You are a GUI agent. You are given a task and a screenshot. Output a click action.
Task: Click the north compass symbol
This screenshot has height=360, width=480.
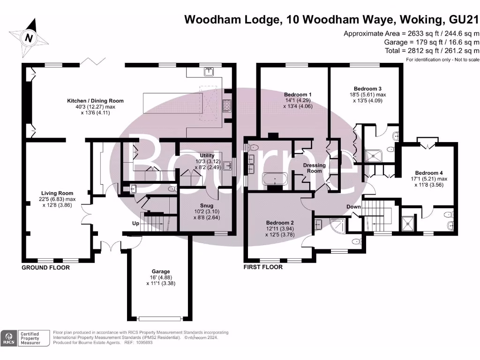pyautogui.click(x=29, y=37)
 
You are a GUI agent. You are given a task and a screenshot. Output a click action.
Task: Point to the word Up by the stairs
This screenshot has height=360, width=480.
pyautogui.click(x=135, y=224)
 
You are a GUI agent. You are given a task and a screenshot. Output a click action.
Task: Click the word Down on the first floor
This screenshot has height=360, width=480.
pyautogui.click(x=354, y=207)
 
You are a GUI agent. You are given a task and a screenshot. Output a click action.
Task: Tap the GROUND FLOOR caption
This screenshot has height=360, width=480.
pyautogui.click(x=45, y=268)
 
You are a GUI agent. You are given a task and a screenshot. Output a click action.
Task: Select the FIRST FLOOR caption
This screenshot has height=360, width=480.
pyautogui.click(x=263, y=267)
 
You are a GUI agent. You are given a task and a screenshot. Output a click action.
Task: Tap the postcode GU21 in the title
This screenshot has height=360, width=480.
pyautogui.click(x=463, y=19)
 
